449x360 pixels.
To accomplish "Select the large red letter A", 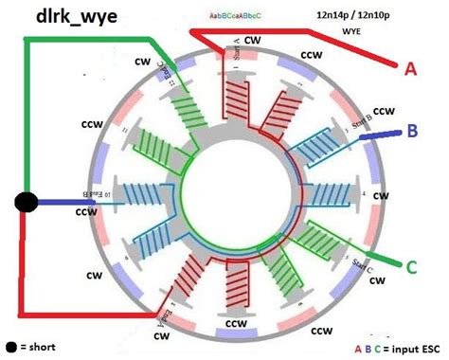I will (x=410, y=67).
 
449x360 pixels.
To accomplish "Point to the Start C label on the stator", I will (x=357, y=266).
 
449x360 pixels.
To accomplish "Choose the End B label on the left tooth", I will (x=83, y=194).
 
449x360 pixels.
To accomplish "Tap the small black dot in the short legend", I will (x=11, y=348).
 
